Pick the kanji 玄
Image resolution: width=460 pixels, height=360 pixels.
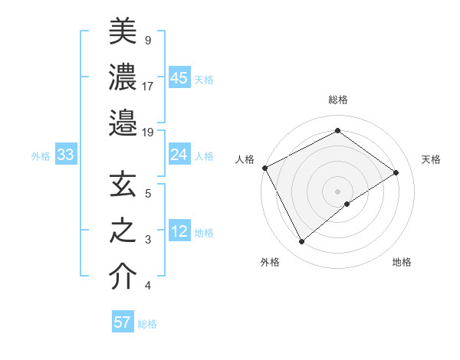(123, 185)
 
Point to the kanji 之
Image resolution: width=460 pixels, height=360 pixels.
(123, 231)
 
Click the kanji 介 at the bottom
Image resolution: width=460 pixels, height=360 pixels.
(123, 277)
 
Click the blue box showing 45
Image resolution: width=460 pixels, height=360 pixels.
(179, 78)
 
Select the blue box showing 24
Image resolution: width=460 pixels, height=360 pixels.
(179, 155)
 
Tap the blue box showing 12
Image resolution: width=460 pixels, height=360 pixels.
(179, 232)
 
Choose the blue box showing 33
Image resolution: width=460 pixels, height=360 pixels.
(65, 155)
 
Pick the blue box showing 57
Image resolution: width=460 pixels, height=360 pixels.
(123, 322)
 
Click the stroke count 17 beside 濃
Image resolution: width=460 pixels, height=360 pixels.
(148, 86)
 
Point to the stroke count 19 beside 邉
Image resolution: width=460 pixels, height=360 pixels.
(148, 132)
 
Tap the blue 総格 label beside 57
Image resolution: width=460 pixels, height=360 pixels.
(147, 324)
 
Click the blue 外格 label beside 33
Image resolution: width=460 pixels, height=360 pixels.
(41, 156)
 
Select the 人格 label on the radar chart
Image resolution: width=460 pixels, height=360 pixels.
(245, 159)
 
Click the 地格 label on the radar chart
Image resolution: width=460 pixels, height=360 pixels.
(402, 262)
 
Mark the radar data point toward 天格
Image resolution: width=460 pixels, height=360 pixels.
(396, 172)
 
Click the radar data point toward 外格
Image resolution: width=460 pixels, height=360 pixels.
(301, 242)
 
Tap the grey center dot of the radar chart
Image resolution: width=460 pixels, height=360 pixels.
(337, 191)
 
